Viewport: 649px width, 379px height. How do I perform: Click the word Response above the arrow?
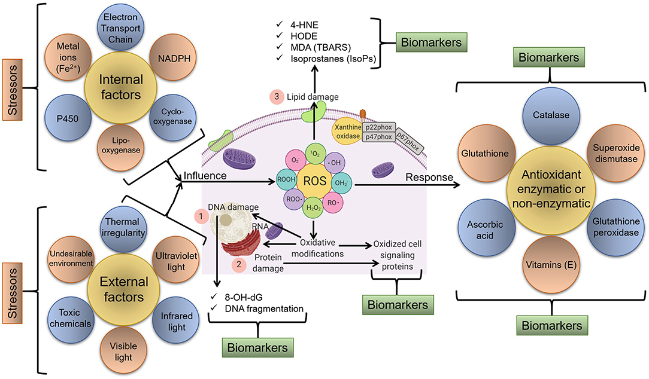coord(425,177)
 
